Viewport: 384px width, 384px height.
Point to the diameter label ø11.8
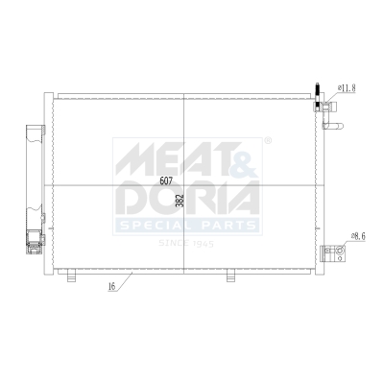point(347,87)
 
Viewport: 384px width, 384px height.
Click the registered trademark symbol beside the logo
point(268,141)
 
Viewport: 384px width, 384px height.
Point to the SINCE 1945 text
point(186,243)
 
